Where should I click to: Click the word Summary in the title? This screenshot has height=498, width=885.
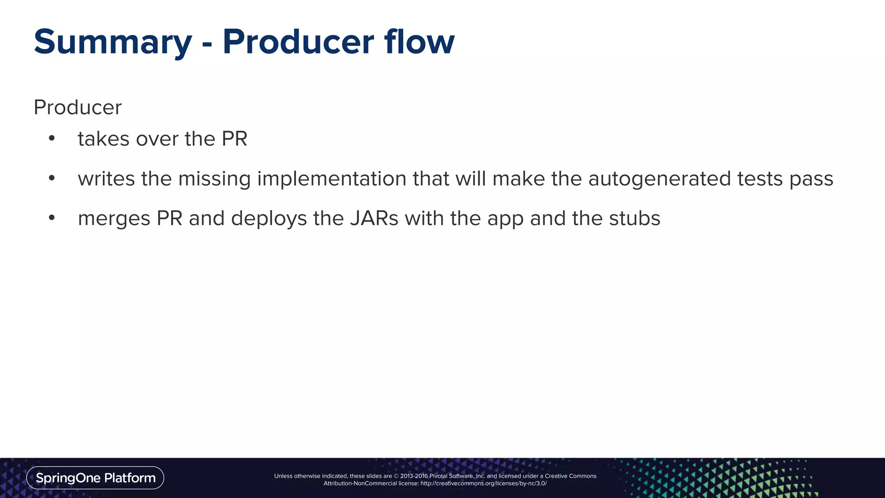113,42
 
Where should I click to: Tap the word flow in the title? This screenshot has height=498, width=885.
419,42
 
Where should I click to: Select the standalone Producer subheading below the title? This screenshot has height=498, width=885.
78,107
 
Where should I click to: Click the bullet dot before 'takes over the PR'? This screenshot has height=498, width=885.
52,138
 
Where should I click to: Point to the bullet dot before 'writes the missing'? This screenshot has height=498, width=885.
52,178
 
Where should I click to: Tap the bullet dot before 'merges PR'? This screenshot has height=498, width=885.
52,217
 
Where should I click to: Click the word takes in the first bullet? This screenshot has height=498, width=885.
104,139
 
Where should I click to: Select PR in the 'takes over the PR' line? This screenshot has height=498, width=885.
234,139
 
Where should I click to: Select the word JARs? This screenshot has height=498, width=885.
374,218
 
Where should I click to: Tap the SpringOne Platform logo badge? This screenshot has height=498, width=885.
95,478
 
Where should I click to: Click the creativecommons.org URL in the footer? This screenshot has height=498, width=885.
483,483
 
